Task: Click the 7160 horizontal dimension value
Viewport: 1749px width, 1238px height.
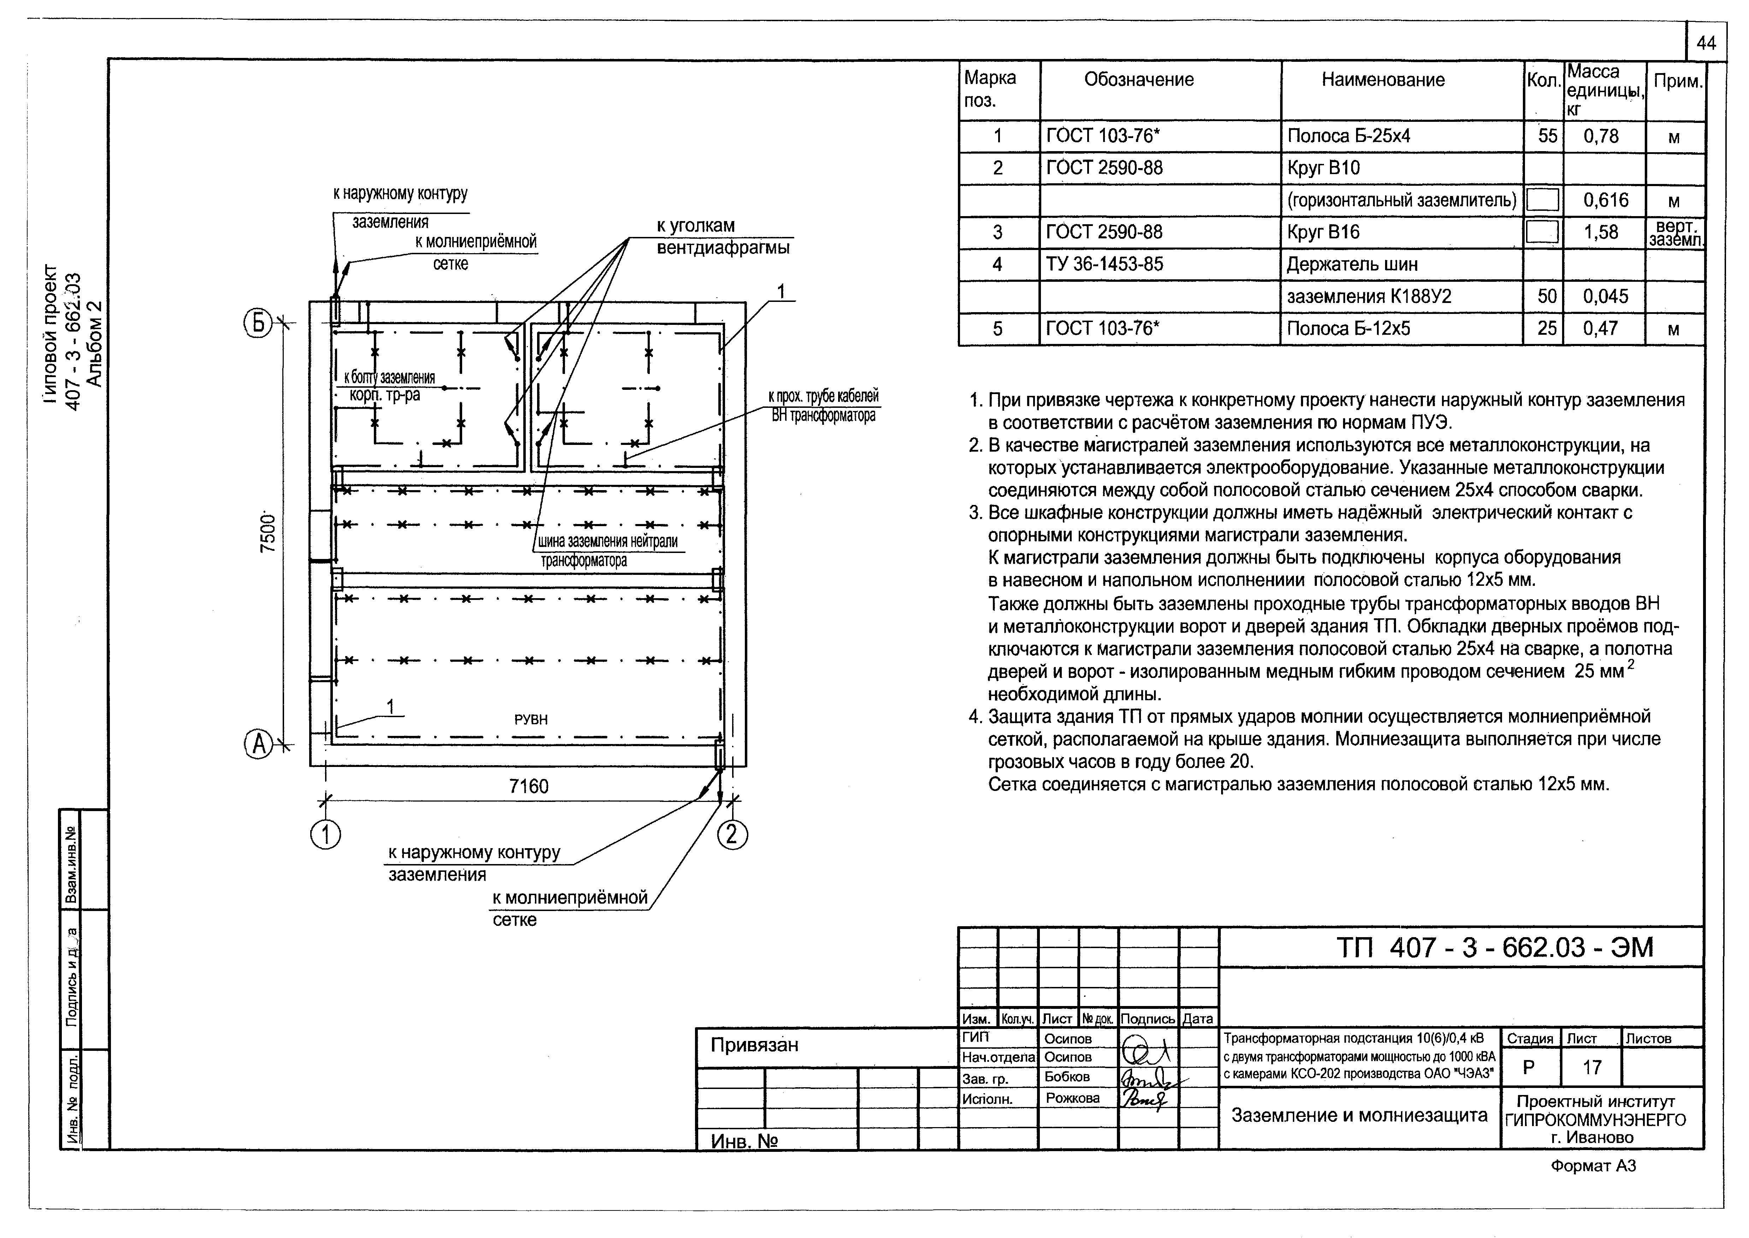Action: coord(529,786)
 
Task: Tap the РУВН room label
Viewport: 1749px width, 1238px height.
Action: coord(531,719)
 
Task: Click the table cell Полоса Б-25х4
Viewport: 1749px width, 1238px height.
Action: coord(1349,136)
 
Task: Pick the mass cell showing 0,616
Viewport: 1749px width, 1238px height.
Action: coord(1606,201)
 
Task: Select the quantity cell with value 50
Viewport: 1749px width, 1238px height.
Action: coord(1547,297)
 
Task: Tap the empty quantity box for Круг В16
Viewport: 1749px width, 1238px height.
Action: coord(1542,232)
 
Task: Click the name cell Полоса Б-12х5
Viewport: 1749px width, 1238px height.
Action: coord(1349,328)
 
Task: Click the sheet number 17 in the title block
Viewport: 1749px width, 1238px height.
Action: coord(1592,1067)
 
